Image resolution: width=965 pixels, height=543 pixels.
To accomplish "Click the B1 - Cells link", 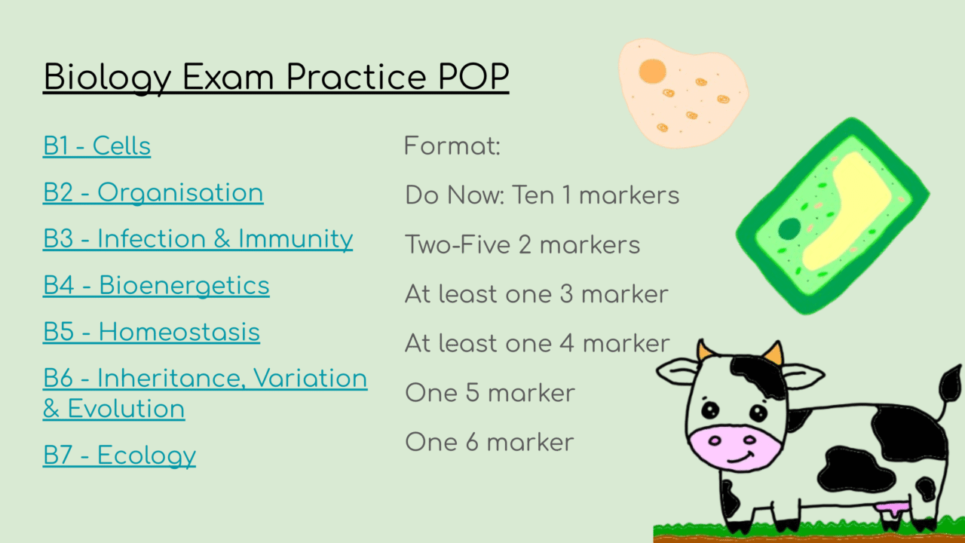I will click(96, 146).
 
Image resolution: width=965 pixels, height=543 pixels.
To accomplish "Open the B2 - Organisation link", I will click(153, 192).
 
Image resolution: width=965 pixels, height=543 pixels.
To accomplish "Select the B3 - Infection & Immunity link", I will click(198, 238).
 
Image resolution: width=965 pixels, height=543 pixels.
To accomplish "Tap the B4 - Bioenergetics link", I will click(156, 285).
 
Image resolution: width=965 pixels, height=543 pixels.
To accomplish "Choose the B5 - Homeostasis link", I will click(151, 332).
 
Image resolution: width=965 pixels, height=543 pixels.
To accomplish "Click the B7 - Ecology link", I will click(119, 455).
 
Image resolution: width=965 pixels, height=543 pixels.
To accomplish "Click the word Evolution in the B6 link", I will click(126, 409).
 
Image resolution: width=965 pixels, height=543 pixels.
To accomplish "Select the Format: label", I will click(452, 146).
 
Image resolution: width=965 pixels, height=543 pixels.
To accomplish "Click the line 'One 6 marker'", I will click(489, 441).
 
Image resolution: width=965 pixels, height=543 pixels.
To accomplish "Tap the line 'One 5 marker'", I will click(489, 393).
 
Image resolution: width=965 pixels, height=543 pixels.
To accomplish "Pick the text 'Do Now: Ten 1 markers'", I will click(542, 195).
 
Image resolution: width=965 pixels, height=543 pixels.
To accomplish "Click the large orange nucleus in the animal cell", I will click(652, 72).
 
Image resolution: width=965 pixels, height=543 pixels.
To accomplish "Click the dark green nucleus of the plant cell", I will click(789, 229).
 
